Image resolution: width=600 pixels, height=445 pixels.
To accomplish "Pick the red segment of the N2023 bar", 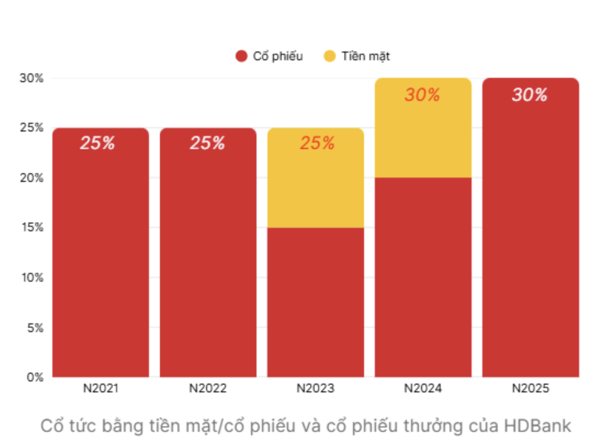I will tap(315, 302).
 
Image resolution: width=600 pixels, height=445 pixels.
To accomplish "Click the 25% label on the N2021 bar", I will tap(98, 144).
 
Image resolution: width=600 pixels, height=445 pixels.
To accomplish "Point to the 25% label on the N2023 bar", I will tap(317, 144).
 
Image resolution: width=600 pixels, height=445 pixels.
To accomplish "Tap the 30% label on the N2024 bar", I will tap(422, 95).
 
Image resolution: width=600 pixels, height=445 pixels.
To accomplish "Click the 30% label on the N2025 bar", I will tap(530, 95).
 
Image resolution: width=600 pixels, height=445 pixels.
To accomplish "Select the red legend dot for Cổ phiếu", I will tap(242, 56).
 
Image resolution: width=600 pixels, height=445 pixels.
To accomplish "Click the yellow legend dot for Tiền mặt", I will tap(330, 56).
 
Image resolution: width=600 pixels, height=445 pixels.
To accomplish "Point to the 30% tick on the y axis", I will tap(31, 78).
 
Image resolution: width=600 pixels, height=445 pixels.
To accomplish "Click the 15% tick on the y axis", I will tap(31, 227).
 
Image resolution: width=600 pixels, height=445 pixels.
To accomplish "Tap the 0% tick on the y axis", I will tap(34, 377).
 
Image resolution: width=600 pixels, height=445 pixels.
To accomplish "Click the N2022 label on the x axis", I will tap(208, 389).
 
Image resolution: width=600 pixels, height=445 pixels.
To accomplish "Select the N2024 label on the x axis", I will tap(423, 389).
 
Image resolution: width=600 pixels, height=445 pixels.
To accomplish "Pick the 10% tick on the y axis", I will tap(31, 277).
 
